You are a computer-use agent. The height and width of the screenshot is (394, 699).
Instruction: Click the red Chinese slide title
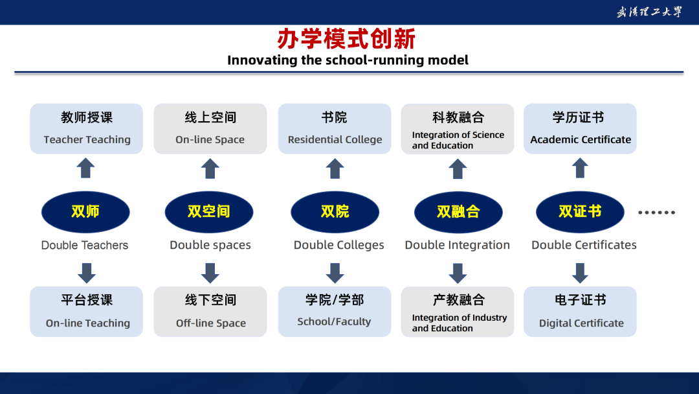click(346, 39)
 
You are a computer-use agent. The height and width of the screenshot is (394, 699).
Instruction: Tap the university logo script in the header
click(649, 12)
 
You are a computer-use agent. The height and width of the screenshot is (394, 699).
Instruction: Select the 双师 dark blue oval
click(85, 212)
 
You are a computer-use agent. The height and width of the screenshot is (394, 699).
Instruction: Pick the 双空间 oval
click(209, 212)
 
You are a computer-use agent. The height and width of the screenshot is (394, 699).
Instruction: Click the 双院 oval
click(335, 212)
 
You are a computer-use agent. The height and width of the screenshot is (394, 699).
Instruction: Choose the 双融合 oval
click(458, 212)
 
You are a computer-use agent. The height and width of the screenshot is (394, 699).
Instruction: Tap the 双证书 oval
click(580, 212)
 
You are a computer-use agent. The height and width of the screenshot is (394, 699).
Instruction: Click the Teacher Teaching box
click(87, 129)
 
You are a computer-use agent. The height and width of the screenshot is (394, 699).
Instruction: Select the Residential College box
click(335, 129)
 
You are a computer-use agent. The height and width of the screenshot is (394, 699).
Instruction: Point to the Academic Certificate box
click(580, 129)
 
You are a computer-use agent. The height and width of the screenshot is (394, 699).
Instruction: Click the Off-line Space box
click(210, 312)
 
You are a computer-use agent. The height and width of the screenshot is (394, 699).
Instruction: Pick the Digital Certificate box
click(580, 312)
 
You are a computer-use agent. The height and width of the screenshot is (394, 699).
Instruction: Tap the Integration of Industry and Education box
click(458, 312)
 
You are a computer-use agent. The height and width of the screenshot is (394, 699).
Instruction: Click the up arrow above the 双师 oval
click(85, 168)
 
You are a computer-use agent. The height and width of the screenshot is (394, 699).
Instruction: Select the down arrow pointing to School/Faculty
click(335, 273)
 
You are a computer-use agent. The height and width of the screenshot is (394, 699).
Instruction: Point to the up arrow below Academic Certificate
click(580, 168)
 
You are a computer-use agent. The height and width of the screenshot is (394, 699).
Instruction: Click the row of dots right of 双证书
click(657, 213)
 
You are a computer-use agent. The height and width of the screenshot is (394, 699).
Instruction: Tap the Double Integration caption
click(458, 245)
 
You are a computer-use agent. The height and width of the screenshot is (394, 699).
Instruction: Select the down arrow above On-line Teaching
click(87, 273)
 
